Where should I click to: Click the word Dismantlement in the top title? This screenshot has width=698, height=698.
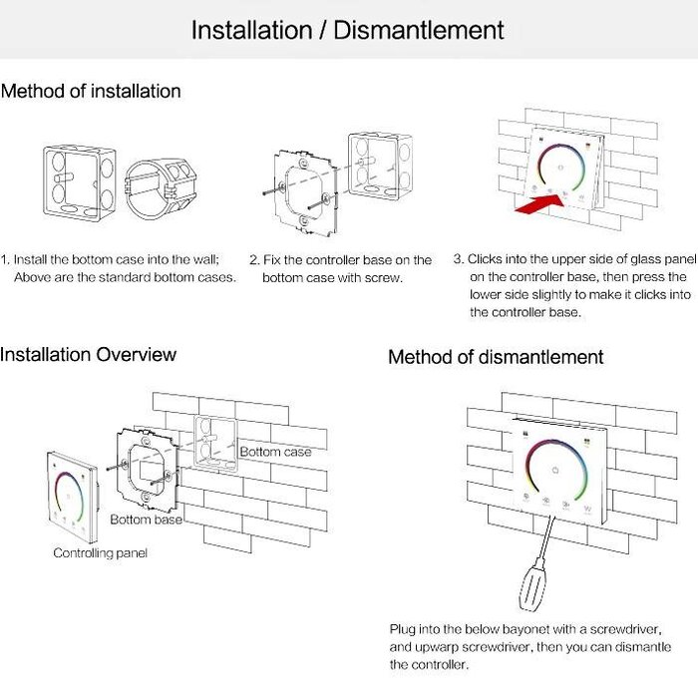(419, 30)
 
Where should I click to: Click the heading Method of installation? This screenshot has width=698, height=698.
(91, 92)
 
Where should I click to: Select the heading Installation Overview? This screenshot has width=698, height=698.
(88, 354)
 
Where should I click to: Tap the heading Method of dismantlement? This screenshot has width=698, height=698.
(496, 357)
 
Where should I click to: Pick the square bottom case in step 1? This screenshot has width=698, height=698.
(76, 182)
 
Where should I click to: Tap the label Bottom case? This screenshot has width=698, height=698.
(275, 452)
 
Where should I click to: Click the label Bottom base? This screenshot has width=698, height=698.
(146, 520)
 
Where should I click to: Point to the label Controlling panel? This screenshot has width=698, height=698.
(100, 552)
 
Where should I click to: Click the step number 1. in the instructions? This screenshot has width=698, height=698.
(6, 258)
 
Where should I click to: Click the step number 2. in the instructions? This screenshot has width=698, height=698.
(254, 260)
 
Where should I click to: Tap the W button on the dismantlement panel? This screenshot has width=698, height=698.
(587, 508)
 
